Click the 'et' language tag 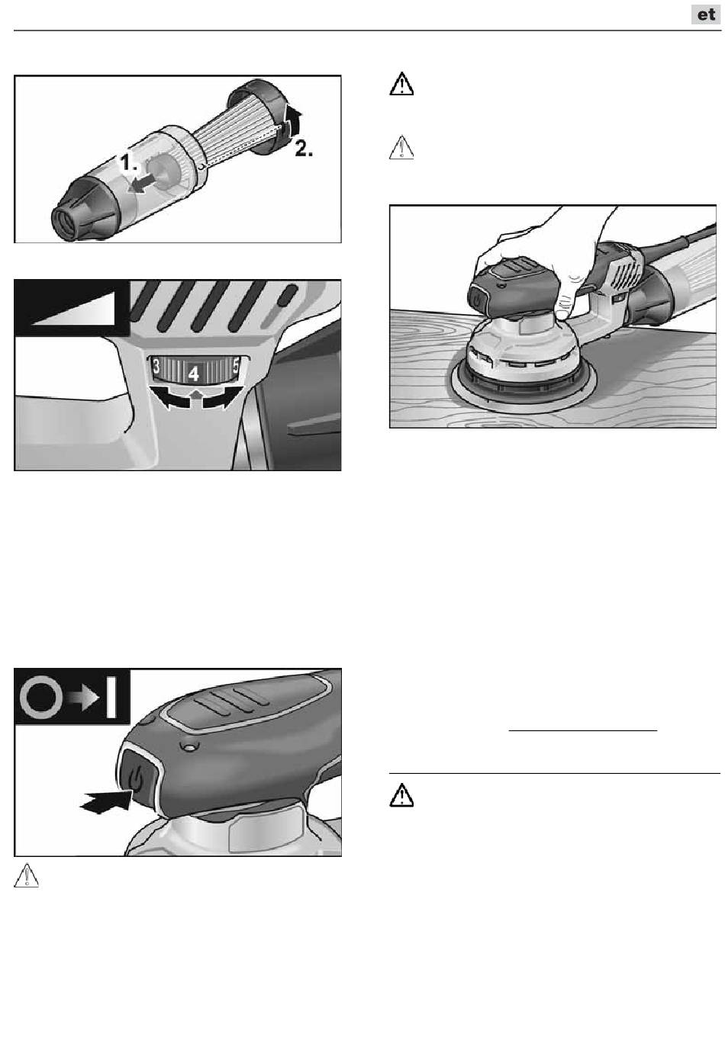[706, 14]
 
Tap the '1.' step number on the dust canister [128, 162]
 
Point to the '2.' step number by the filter [304, 149]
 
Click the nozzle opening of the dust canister [63, 221]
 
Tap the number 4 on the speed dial [194, 374]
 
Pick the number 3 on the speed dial [155, 366]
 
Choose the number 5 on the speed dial [236, 366]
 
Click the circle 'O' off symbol [41, 698]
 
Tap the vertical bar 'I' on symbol [111, 697]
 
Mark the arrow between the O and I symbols [83, 698]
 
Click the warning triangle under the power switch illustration [27, 875]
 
